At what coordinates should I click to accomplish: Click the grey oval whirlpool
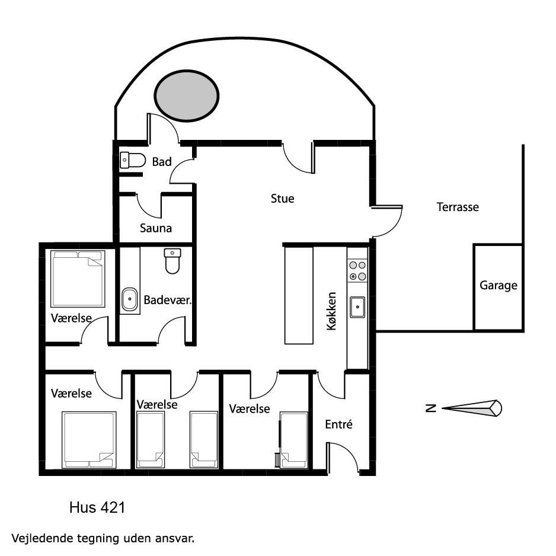(187, 96)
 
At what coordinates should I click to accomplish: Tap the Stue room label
(282, 199)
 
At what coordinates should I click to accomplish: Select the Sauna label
(156, 228)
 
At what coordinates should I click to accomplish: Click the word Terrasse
(458, 207)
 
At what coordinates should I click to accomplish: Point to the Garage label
(498, 286)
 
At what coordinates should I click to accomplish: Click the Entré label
(338, 424)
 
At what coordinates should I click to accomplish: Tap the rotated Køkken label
(331, 311)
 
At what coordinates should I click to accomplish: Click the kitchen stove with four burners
(357, 270)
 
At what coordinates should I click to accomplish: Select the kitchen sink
(357, 307)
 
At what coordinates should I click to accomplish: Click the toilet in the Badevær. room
(172, 261)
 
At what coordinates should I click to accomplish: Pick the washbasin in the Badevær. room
(130, 299)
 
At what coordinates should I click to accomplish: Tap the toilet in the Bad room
(133, 160)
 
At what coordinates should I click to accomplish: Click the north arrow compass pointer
(472, 408)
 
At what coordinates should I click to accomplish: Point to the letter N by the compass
(430, 408)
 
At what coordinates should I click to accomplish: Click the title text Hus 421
(97, 508)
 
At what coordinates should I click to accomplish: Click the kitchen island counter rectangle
(299, 295)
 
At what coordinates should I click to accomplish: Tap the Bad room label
(162, 162)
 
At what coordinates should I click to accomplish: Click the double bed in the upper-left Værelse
(78, 279)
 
